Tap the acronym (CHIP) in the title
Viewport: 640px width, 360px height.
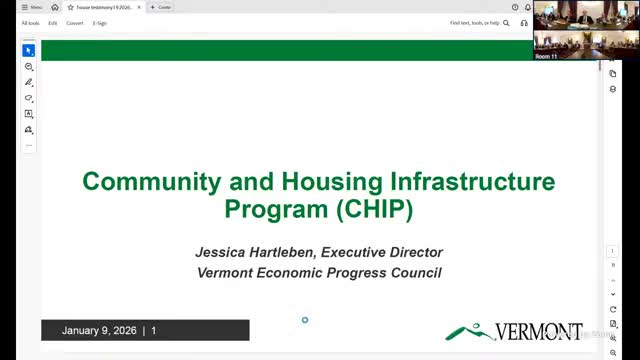tap(374, 209)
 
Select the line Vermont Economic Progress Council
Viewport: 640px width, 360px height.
tap(319, 272)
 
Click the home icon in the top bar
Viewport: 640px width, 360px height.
tap(55, 7)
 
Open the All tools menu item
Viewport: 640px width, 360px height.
tap(31, 23)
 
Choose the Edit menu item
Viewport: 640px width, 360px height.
tap(53, 23)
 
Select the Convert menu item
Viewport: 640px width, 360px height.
tap(75, 23)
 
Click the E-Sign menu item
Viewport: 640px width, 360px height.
tap(100, 23)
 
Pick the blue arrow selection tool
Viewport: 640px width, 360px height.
tap(29, 50)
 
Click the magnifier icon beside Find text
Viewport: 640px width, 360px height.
tap(506, 23)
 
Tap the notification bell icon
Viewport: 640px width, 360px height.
tap(527, 7)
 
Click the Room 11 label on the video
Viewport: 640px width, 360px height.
tap(546, 57)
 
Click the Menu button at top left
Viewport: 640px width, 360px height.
tap(31, 7)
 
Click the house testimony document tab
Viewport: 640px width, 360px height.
tap(104, 7)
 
